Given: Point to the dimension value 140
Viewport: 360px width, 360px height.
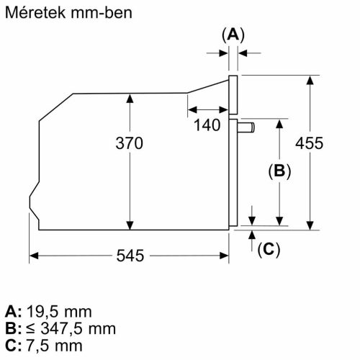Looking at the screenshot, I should coord(207,126).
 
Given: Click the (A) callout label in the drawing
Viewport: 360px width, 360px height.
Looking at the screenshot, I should coord(232,34).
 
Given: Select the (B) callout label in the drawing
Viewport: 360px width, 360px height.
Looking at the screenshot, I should coord(279,171).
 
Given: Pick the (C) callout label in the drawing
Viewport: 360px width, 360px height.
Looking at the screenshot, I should coord(267,249).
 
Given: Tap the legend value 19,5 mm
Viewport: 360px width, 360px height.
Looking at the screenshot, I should coord(59,312).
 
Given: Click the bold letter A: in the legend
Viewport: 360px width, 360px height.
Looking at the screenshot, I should coord(13,312).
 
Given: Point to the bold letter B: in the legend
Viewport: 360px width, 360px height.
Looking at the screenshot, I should coord(13,328).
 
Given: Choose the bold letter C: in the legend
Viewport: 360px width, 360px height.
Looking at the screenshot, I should coord(13,345).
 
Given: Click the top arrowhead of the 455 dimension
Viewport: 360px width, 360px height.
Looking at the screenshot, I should coord(310,78).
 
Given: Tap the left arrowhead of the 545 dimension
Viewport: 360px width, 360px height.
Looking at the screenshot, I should coord(34,255).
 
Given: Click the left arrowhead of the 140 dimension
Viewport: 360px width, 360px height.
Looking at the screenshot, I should coord(190,109).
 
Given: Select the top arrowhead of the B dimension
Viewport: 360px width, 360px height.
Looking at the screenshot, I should coord(279,123).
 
